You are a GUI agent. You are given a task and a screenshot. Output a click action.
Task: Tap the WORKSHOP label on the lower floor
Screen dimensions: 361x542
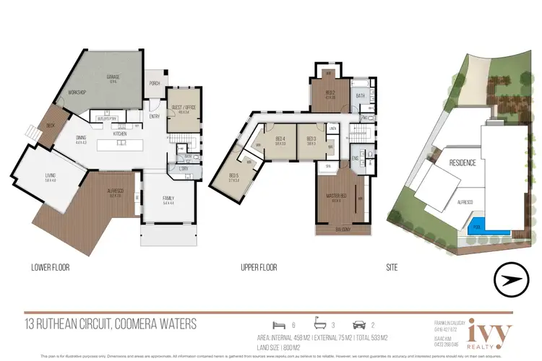77,92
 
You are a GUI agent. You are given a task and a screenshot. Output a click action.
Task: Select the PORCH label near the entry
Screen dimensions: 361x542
155,84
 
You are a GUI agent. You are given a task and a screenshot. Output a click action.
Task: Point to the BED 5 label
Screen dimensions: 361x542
233,175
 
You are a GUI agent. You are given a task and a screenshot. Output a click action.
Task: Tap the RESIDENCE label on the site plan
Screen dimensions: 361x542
463,163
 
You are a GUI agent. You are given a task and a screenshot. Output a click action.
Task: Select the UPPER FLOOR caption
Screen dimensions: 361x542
259,267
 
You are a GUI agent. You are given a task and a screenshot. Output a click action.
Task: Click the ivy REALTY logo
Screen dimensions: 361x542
490,334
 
